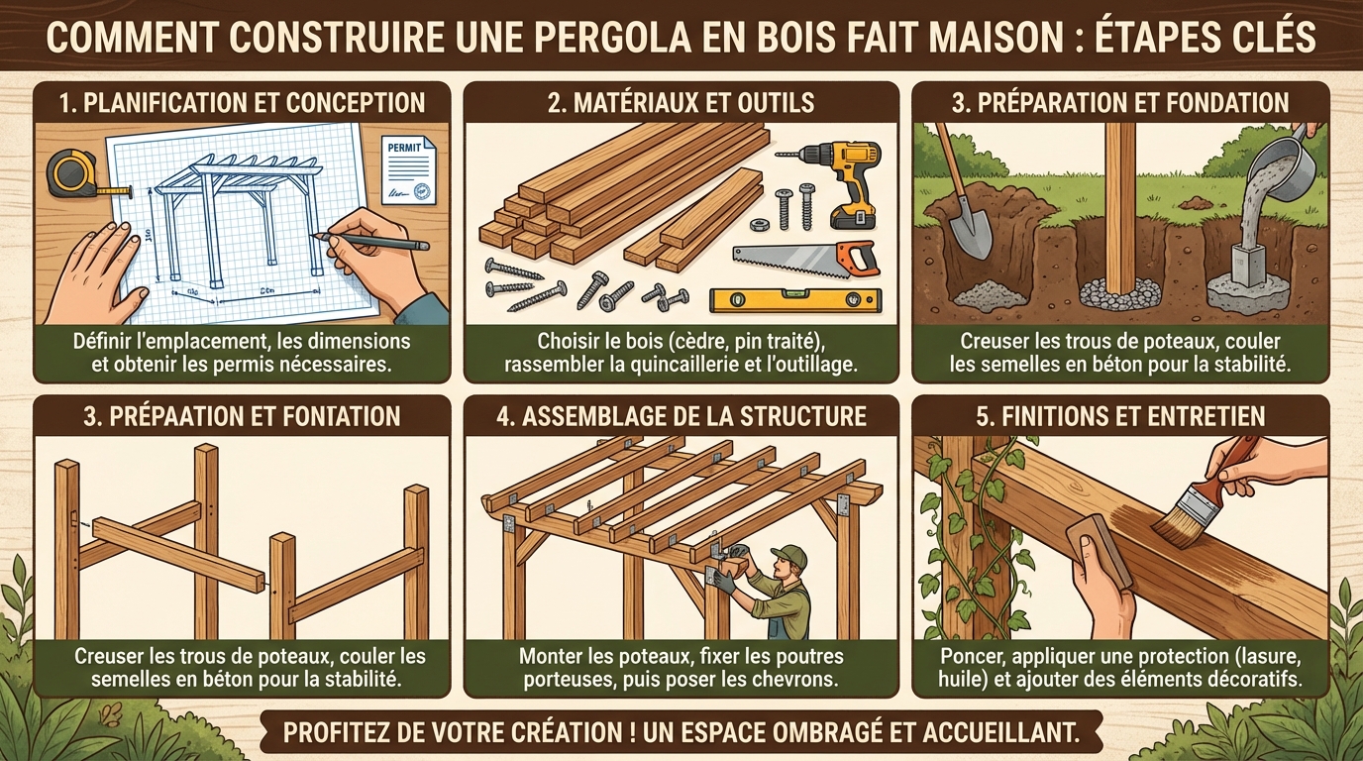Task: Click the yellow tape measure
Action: pyautogui.click(x=71, y=172)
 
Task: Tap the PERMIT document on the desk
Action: pyautogui.click(x=407, y=168)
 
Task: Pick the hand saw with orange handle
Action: pyautogui.click(x=806, y=260)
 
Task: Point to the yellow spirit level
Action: pyautogui.click(x=786, y=300)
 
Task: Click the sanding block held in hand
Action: pyautogui.click(x=1100, y=551)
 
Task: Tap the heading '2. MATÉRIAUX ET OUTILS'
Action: pyautogui.click(x=681, y=102)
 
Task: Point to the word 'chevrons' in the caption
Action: pyautogui.click(x=794, y=680)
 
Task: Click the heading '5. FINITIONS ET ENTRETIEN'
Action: pyautogui.click(x=1120, y=415)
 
